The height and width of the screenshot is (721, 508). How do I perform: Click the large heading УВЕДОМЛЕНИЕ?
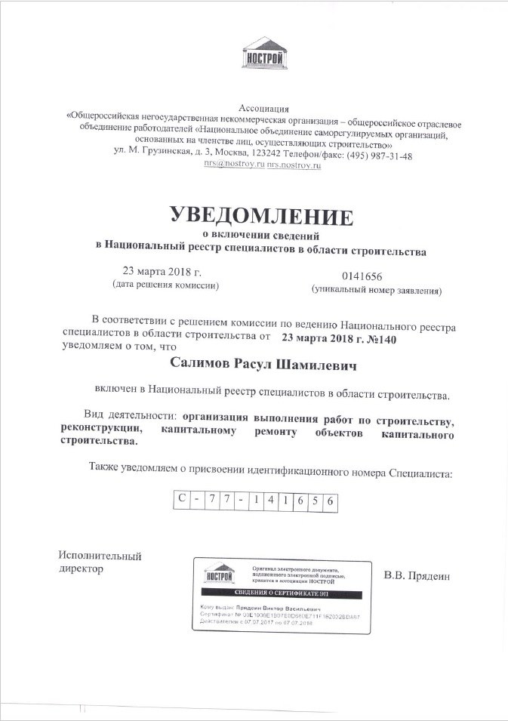click(261, 216)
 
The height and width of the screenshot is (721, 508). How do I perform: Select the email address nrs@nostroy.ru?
click(233, 165)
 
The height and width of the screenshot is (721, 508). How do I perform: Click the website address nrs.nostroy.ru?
click(294, 165)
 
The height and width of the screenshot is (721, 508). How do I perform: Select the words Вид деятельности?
click(129, 416)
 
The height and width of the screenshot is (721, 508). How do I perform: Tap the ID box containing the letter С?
click(181, 501)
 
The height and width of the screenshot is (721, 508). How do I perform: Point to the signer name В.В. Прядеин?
click(417, 577)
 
